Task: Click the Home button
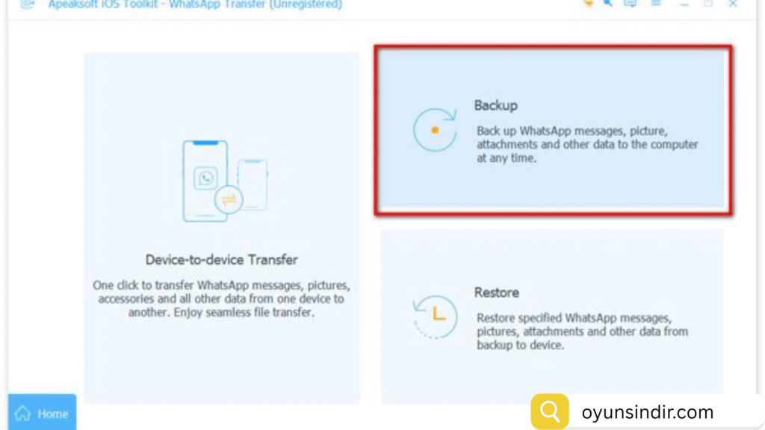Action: pos(42,412)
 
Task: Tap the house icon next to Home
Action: pos(22,414)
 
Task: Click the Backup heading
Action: pos(496,105)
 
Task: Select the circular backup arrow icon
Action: pos(435,130)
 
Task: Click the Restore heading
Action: pos(497,293)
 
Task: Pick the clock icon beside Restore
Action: pos(435,317)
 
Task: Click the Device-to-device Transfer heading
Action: pos(221,260)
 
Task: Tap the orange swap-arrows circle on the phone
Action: pos(229,199)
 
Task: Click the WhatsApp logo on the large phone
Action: pos(205,178)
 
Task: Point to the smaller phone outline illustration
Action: pos(253,185)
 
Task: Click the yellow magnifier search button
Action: pos(550,411)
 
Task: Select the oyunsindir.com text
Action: pos(648,412)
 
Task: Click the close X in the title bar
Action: pos(733,4)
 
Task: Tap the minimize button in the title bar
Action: pos(684,4)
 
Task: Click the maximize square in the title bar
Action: pos(708,4)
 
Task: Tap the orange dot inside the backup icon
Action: pos(435,130)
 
